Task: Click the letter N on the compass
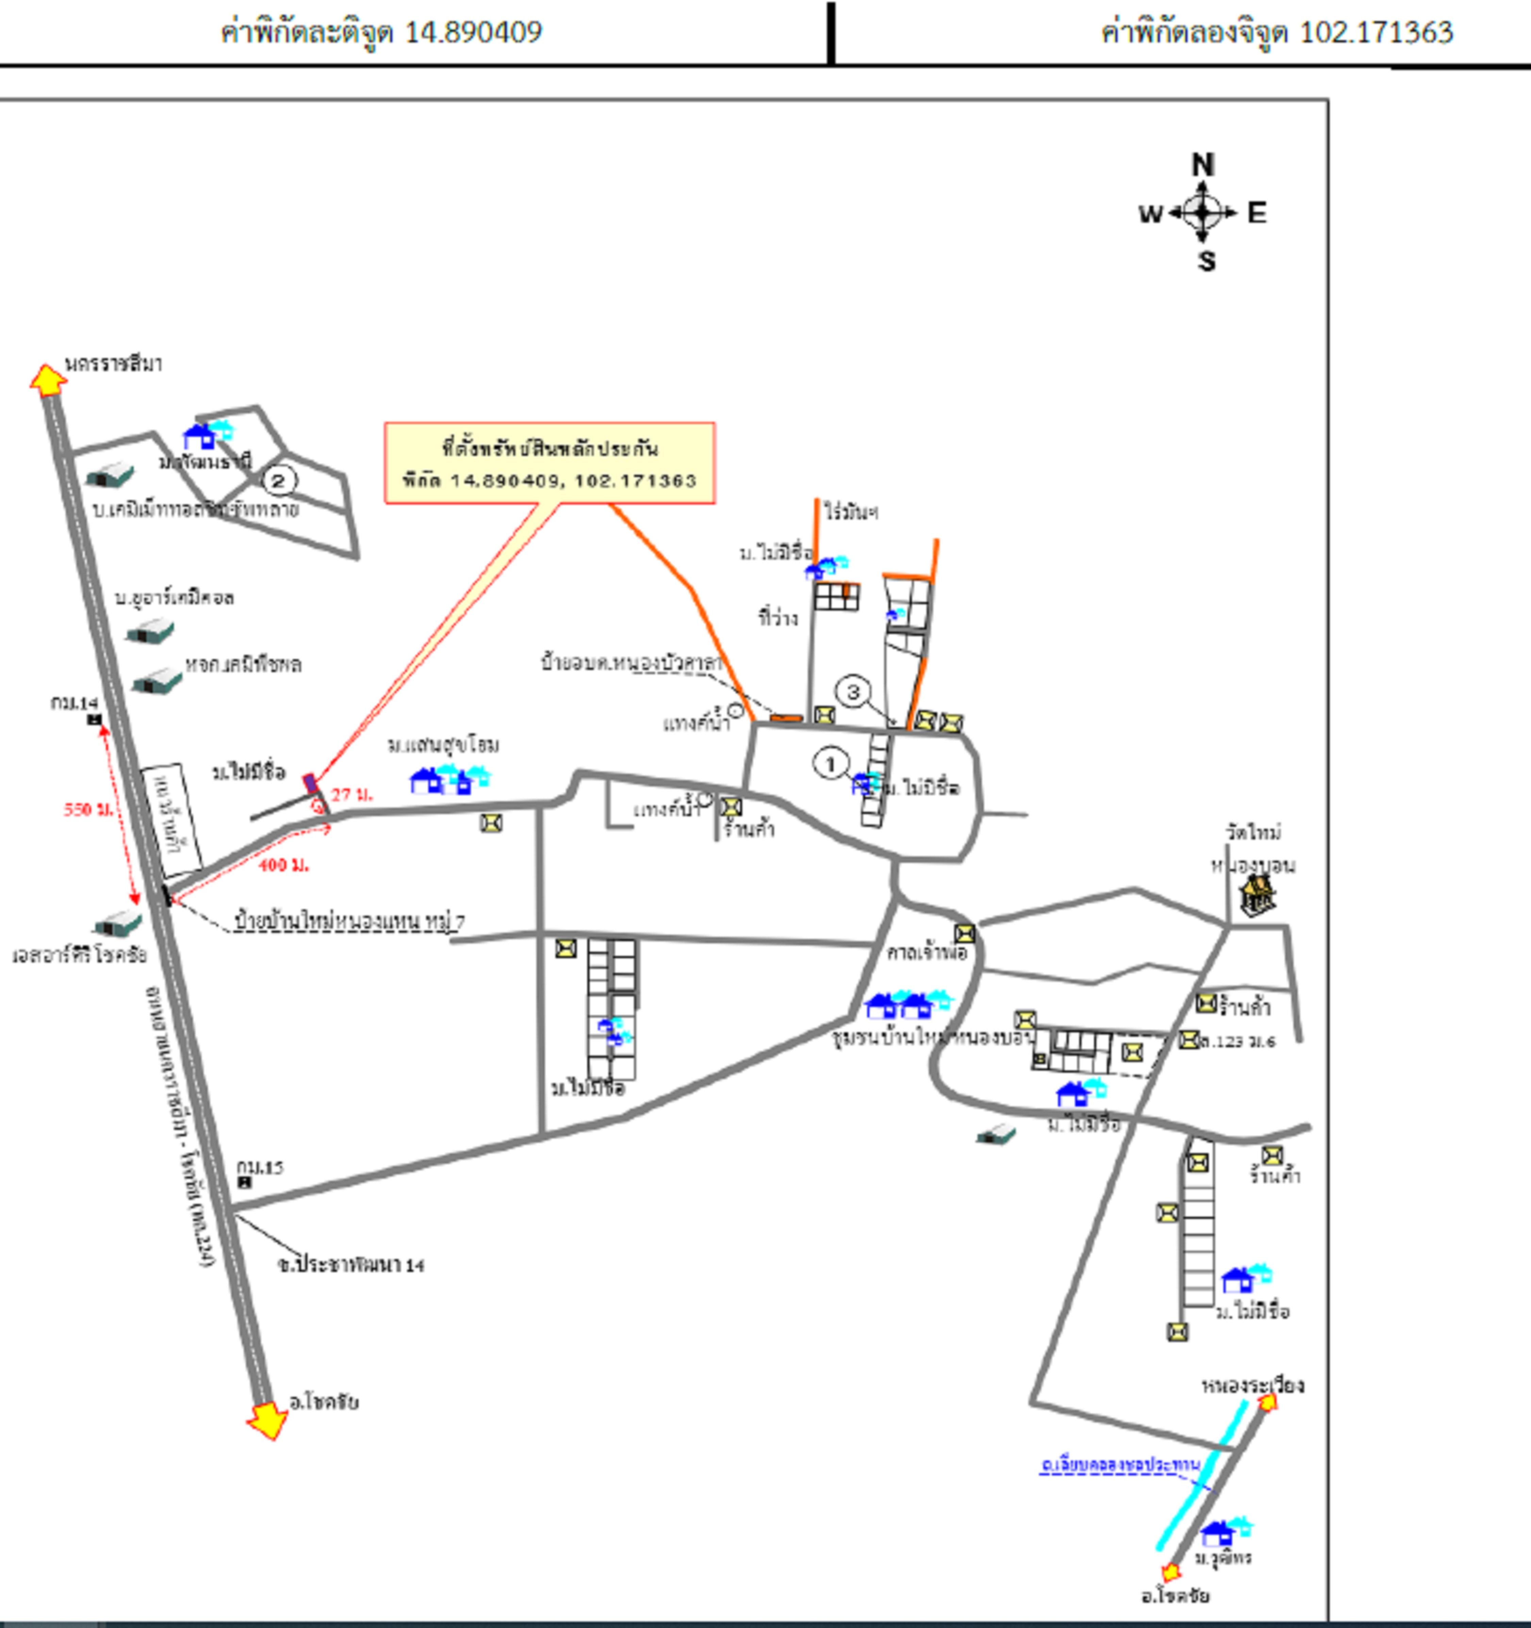(1202, 165)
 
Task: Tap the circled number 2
(279, 481)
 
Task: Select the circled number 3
(853, 692)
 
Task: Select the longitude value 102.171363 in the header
(1376, 32)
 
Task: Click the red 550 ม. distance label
(88, 809)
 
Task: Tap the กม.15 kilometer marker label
(260, 1167)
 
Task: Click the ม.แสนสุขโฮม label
(443, 745)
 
